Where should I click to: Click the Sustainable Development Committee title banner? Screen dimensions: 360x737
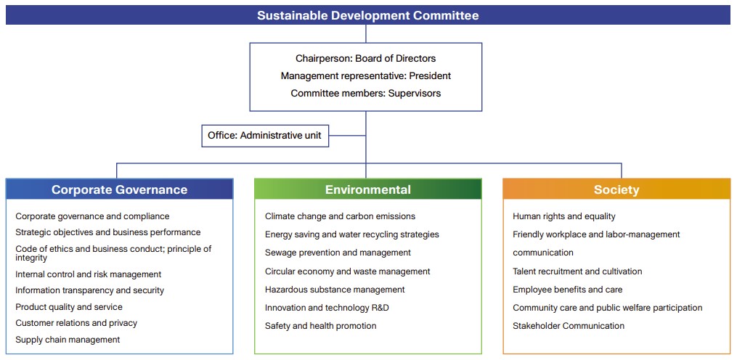pos(367,15)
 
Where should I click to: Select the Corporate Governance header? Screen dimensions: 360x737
pos(119,189)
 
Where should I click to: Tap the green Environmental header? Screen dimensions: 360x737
pos(367,189)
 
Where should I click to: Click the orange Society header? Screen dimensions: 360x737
pos(616,189)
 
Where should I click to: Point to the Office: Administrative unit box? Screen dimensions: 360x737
pos(264,136)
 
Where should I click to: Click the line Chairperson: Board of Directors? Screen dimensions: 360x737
pos(365,58)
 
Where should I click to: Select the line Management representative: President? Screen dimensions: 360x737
pos(365,75)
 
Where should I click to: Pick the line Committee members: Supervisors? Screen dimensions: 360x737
pos(365,93)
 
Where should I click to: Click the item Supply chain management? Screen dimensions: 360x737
pos(68,340)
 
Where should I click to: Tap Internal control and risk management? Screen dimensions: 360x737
pos(88,274)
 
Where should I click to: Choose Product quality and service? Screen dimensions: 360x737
pos(69,307)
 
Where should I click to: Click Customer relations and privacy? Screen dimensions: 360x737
pos(76,323)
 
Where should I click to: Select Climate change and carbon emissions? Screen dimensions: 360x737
pos(340,216)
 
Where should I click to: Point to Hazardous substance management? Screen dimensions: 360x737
pos(335,290)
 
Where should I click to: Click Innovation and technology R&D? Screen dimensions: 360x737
pos(327,308)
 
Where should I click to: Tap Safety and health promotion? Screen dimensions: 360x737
pos(320,326)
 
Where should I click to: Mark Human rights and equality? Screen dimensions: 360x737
pos(563,216)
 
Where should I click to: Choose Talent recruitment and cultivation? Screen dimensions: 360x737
pos(577,271)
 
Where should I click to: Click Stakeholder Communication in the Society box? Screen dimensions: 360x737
pos(569,326)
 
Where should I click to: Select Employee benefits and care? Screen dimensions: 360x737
pos(567,290)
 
